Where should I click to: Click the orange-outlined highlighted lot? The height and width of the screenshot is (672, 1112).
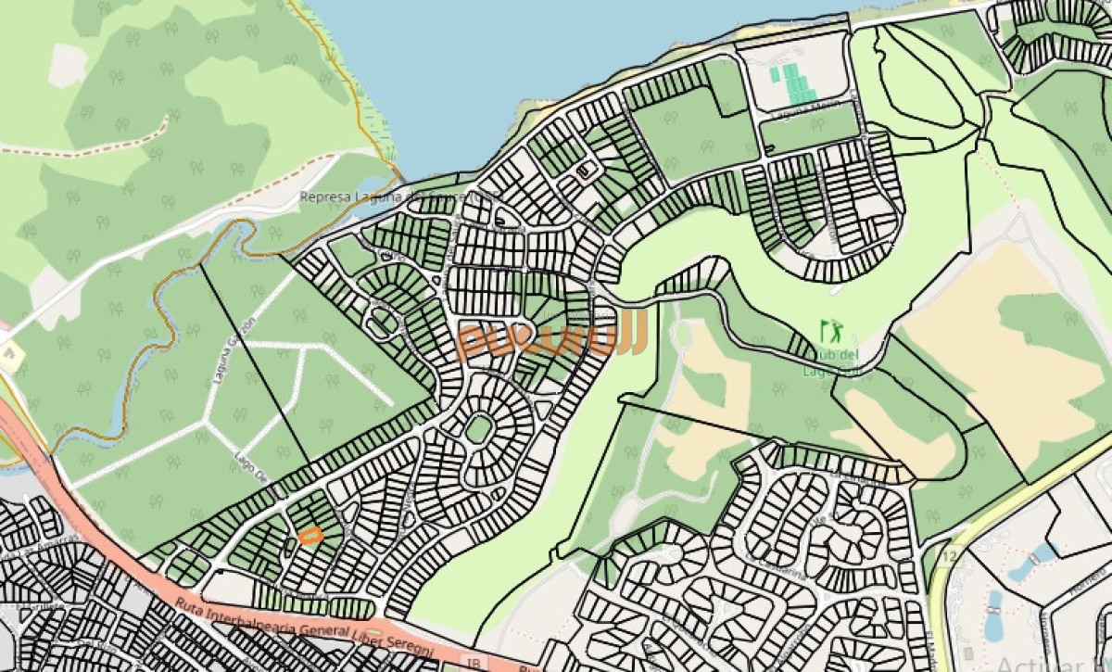click(x=310, y=535)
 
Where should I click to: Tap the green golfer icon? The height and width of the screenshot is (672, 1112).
click(x=832, y=328)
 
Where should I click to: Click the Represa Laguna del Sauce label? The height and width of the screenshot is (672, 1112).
click(x=398, y=197)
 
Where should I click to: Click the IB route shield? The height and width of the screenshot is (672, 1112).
click(x=474, y=663)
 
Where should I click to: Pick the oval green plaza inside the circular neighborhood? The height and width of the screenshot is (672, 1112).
click(x=479, y=429)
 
